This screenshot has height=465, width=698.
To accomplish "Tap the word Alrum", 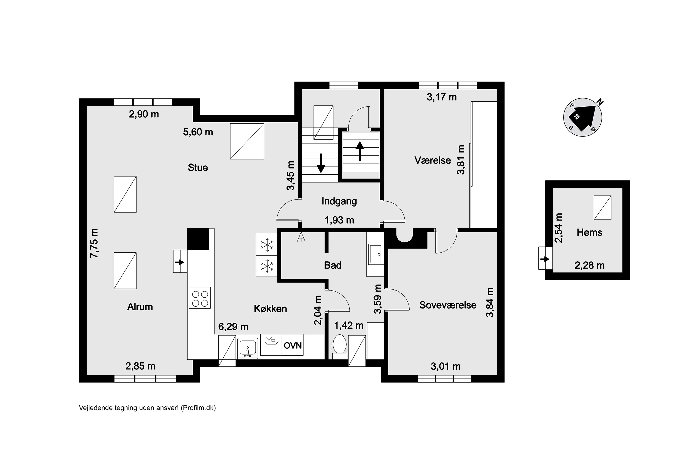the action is tap(140, 307).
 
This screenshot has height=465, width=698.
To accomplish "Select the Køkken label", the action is tap(270, 309).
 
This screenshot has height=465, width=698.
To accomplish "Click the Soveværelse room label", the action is tap(448, 305).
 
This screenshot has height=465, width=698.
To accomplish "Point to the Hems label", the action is tap(589, 232).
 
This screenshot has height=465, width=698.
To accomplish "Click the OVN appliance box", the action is tap(293, 345).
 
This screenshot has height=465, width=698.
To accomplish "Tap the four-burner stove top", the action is tap(200, 298).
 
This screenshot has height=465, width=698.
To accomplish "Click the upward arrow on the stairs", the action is tap(360, 151).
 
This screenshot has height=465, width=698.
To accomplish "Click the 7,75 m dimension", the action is tap(94, 243).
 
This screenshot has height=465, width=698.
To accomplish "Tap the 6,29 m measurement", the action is tap(233, 326).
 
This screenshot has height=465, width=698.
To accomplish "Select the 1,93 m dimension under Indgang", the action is tap(339, 220).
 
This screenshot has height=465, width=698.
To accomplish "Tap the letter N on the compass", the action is tap(600, 102).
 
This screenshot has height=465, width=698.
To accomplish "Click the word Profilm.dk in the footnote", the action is tap(198, 408).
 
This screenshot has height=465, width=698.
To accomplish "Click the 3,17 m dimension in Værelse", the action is tap(442, 97).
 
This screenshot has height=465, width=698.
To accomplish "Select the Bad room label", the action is tap(332, 265).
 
